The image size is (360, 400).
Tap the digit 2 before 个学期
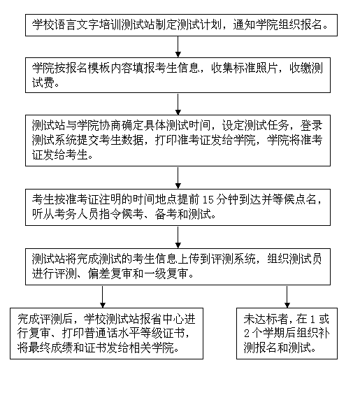pyautogui.click(x=247, y=334)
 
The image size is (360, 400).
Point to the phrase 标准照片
pyautogui.click(x=255, y=68)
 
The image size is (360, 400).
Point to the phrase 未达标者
pyautogui.click(x=266, y=319)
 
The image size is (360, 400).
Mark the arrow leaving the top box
pyautogui.click(x=178, y=47)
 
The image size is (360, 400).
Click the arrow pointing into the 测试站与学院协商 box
pyautogui.click(x=178, y=103)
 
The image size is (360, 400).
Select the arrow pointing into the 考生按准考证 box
pyautogui.click(x=178, y=178)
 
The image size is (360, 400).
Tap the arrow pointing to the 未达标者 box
pyautogui.click(x=287, y=297)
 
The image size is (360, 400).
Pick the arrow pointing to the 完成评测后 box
pyautogui.click(x=103, y=297)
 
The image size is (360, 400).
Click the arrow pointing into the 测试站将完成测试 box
pyautogui.click(x=178, y=237)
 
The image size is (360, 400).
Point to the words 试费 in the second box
pyautogui.click(x=43, y=83)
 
